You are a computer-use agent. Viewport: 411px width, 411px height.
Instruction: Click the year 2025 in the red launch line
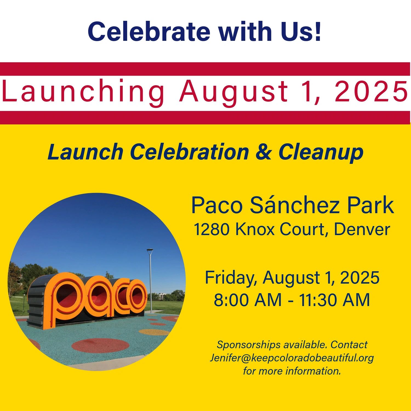[x=372, y=91]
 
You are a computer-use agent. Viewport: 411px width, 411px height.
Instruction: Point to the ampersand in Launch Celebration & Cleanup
[x=263, y=152]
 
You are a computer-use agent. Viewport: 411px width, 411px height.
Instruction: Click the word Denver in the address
[x=362, y=229]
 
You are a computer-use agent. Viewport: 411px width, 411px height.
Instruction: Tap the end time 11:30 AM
[x=334, y=300]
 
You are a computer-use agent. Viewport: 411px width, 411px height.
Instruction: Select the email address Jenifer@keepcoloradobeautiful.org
[x=292, y=358]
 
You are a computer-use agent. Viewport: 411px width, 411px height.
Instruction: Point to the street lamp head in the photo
[x=150, y=250]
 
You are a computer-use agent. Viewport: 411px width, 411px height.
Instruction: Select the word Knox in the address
[x=255, y=229]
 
